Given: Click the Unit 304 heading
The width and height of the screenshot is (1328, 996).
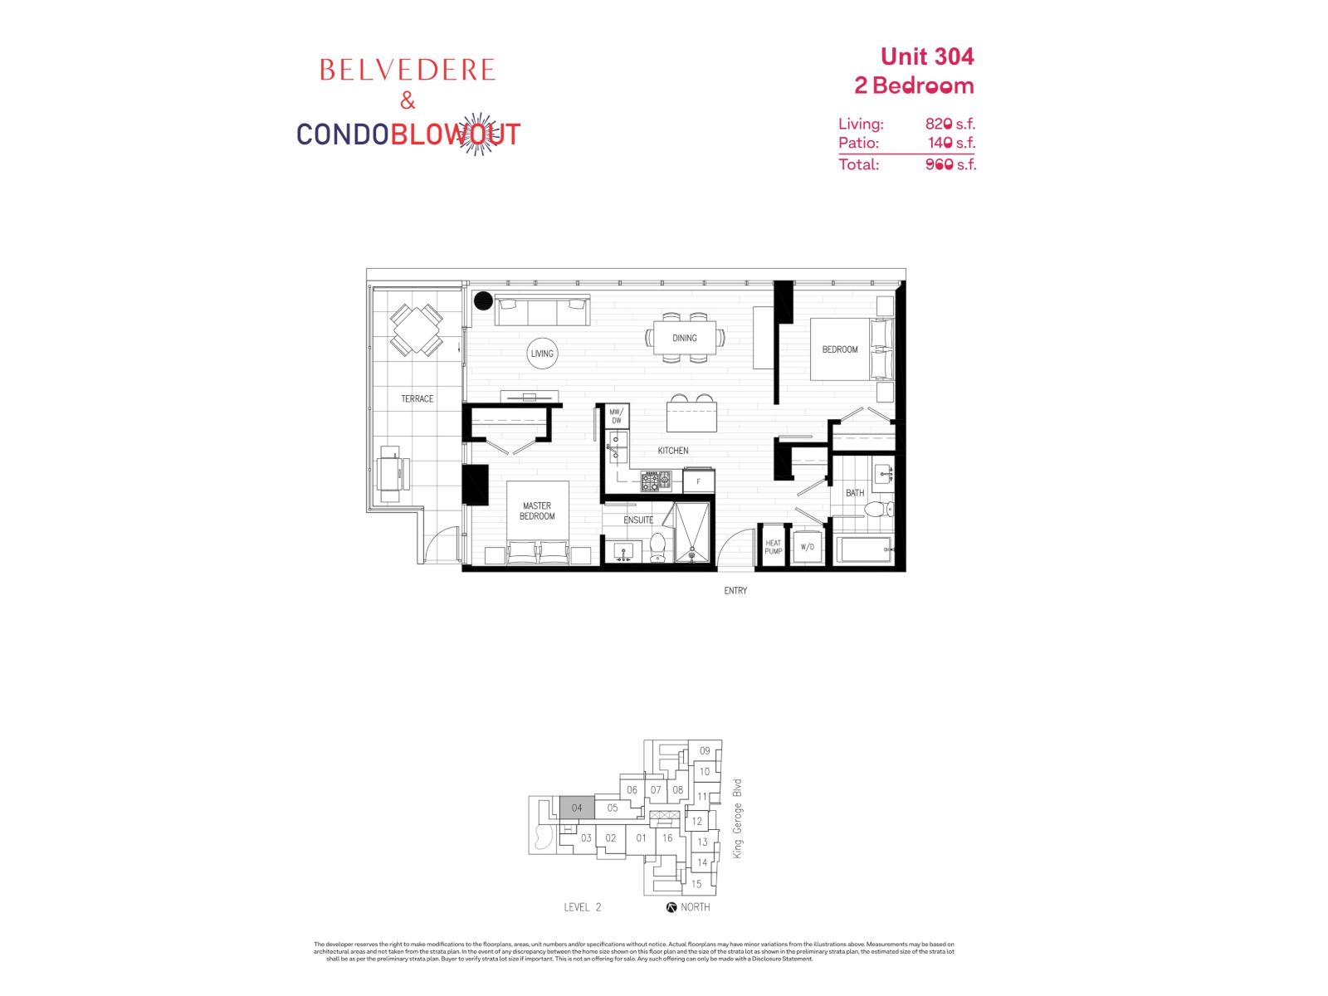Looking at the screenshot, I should (926, 56).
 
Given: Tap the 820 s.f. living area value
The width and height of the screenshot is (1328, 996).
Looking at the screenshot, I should (950, 124).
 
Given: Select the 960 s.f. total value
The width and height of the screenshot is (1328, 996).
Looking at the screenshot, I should (950, 164).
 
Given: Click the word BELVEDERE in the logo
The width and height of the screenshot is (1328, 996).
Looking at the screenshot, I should (407, 71).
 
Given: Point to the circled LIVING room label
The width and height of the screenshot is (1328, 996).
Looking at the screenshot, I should (542, 354).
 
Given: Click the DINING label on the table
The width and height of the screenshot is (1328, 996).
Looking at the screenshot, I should (685, 338).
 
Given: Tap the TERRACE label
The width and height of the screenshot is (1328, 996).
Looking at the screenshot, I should (417, 399).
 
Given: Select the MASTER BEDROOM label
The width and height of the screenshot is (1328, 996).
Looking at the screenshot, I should (537, 511).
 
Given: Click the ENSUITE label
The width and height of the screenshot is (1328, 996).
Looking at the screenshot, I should (638, 520).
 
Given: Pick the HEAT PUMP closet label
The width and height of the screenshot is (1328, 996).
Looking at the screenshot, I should (773, 548).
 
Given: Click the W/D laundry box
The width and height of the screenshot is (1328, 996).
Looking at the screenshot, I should (807, 548).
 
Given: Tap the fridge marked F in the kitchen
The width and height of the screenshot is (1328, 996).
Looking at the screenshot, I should (698, 481).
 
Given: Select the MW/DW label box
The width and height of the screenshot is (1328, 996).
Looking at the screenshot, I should (616, 417).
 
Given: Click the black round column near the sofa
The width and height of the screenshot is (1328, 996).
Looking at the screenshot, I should (484, 301).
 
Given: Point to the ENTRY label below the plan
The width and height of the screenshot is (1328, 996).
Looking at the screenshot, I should (735, 591).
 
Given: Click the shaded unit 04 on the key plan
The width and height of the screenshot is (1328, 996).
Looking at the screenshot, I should (577, 808).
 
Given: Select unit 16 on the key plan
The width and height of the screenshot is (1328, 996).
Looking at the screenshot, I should (667, 838).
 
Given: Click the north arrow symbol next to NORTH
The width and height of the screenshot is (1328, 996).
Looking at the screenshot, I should (671, 907).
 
